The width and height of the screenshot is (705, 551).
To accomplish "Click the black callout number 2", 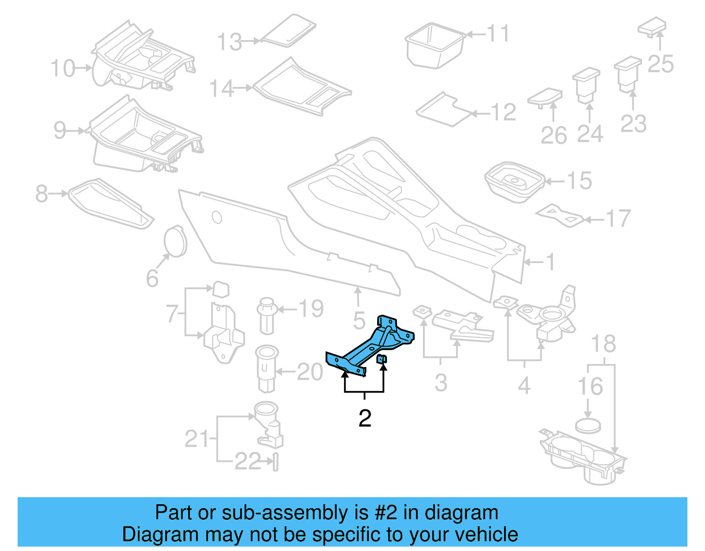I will click(x=365, y=418).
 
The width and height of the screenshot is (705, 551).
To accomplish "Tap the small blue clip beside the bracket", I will click(x=382, y=359).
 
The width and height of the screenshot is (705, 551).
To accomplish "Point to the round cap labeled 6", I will click(x=175, y=241).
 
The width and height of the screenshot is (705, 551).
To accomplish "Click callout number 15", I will click(x=579, y=181).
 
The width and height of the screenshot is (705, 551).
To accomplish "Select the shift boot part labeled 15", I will click(x=514, y=182).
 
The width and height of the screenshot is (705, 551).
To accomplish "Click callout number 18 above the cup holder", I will click(x=603, y=344).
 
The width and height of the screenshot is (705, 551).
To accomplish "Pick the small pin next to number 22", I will click(x=275, y=462).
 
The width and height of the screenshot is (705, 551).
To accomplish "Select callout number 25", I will click(x=660, y=64).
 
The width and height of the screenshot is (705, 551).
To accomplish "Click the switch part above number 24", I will click(x=586, y=84).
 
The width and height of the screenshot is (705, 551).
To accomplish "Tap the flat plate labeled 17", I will click(x=560, y=215).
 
